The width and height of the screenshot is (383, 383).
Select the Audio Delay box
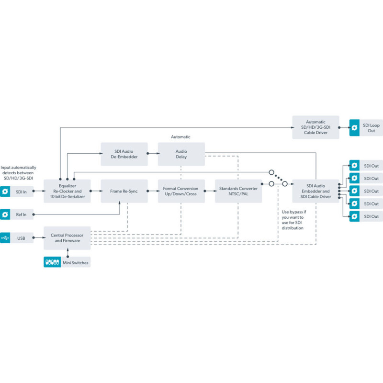(181, 154)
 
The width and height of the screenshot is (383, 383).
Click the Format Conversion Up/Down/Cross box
(181, 191)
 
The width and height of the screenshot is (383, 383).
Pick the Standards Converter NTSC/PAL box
(238, 191)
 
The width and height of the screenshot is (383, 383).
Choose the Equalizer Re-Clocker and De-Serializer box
(67, 191)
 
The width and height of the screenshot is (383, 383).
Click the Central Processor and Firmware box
(67, 237)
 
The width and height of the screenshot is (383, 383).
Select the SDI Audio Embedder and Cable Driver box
(315, 191)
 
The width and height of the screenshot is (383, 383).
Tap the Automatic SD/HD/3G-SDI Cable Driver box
(315, 127)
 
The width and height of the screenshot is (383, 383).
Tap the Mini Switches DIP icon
(52, 262)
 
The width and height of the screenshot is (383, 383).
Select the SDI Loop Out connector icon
(355, 127)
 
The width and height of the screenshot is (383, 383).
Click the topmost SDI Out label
(371, 166)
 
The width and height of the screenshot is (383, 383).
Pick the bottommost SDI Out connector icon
(355, 216)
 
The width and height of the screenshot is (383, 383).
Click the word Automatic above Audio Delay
(180, 137)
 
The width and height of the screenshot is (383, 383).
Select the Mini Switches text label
(76, 262)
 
